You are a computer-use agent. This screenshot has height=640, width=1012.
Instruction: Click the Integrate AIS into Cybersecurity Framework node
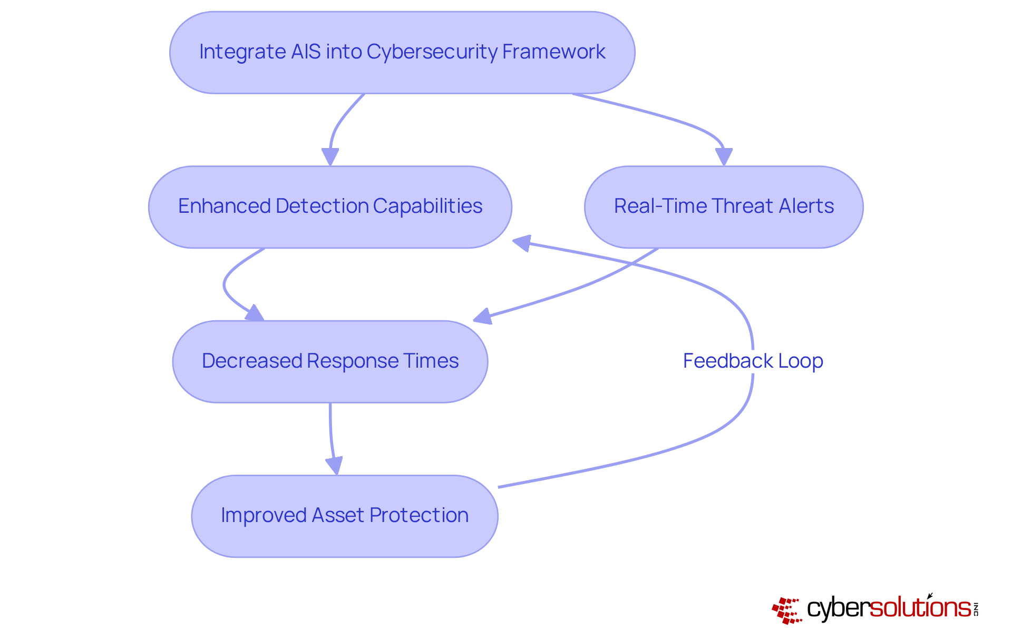402,53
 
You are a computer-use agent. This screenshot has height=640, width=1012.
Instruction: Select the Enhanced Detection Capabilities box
330,207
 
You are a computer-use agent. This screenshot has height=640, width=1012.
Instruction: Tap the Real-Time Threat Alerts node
724,207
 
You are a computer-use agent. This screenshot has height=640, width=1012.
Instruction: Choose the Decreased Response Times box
330,362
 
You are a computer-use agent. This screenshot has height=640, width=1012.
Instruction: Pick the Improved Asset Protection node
345,516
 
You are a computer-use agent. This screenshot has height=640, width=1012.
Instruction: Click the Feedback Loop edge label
753,361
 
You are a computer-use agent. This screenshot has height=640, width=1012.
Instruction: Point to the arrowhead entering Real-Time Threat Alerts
724,156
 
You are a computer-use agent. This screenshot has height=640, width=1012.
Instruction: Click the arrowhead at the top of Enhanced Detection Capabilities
330,156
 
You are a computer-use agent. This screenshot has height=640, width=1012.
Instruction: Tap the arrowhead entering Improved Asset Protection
335,466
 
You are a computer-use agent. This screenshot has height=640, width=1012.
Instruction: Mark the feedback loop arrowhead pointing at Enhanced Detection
522,243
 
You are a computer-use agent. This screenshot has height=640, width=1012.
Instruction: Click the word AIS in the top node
305,52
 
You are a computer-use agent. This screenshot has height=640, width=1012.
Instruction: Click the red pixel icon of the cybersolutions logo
787,611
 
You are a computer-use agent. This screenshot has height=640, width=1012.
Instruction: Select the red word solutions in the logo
920,608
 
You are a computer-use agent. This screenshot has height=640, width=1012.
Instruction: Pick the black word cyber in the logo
838,609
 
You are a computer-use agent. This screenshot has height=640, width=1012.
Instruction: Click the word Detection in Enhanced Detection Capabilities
322,206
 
